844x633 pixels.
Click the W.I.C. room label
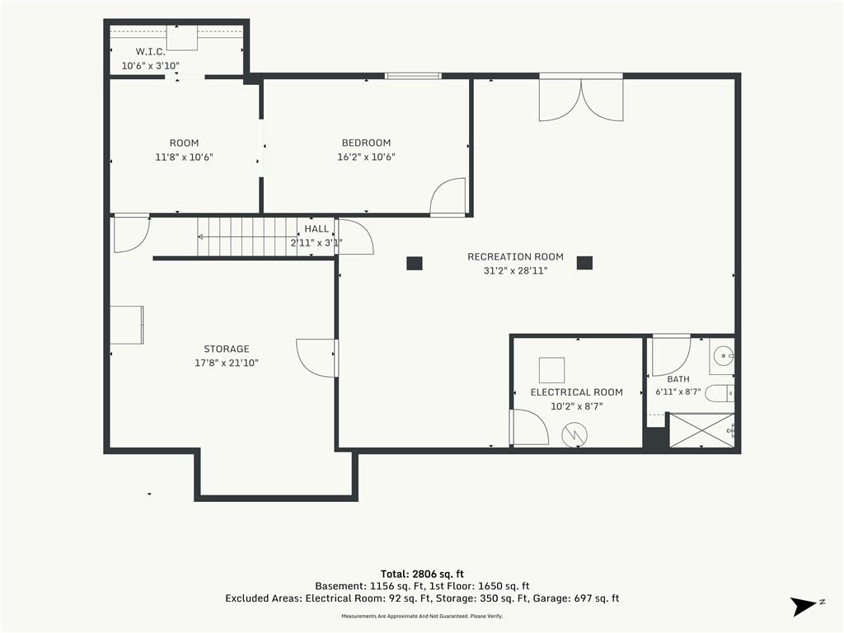(150, 52)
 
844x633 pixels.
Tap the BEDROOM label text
(366, 143)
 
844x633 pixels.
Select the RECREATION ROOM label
(515, 257)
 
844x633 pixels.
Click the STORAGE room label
(226, 349)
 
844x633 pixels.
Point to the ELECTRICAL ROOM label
(576, 392)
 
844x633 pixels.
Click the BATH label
(678, 379)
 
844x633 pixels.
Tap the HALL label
(316, 229)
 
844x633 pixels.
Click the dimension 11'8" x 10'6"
(184, 157)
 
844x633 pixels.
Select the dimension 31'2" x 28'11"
(515, 270)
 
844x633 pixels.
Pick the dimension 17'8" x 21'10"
(226, 363)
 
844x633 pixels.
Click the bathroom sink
(722, 356)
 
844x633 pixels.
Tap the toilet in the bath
(719, 393)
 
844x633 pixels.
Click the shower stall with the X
(701, 430)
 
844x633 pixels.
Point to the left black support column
(415, 263)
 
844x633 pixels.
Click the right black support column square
(584, 263)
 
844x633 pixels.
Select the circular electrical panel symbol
(574, 434)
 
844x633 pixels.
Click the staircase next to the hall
(246, 237)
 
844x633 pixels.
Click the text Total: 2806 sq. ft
(422, 574)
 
